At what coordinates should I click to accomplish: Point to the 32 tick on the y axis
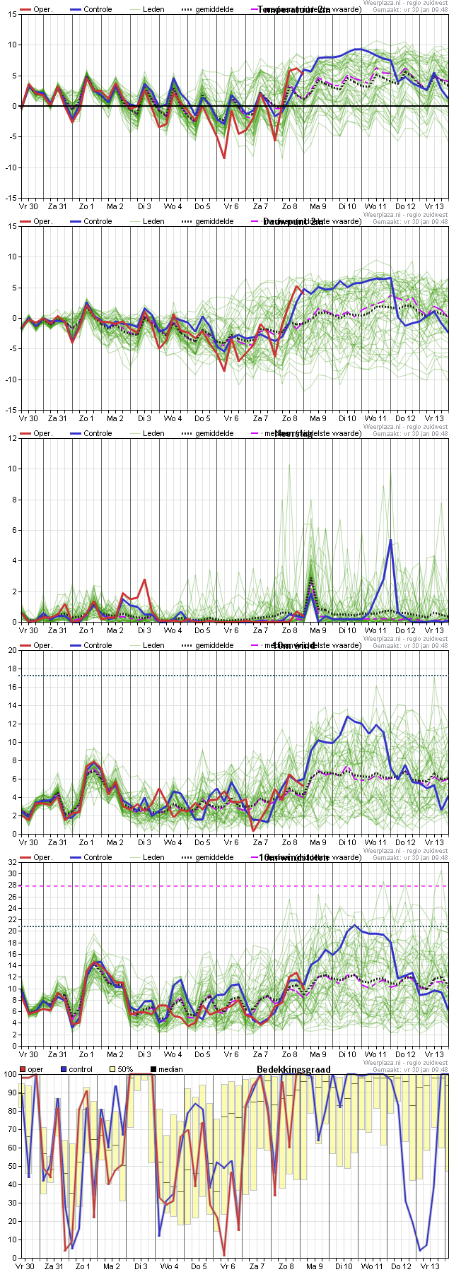(11, 863)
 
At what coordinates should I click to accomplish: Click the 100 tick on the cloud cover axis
(9, 1075)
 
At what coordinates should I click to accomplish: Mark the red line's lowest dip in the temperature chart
(225, 158)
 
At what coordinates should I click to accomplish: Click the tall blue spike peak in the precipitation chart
(390, 540)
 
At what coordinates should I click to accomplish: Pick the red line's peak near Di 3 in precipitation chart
(145, 579)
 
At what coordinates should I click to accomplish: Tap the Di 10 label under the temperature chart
(346, 207)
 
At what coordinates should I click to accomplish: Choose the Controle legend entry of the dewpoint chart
(98, 221)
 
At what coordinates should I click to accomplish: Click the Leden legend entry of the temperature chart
(153, 9)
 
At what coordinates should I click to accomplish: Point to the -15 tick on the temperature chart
(12, 198)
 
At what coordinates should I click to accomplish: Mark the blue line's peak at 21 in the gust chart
(355, 925)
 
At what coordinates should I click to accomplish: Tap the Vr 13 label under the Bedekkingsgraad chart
(431, 1267)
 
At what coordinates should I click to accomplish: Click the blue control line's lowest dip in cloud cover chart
(420, 1250)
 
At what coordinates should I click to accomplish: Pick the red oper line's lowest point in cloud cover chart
(224, 1256)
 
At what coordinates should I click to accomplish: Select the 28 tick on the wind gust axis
(11, 885)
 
